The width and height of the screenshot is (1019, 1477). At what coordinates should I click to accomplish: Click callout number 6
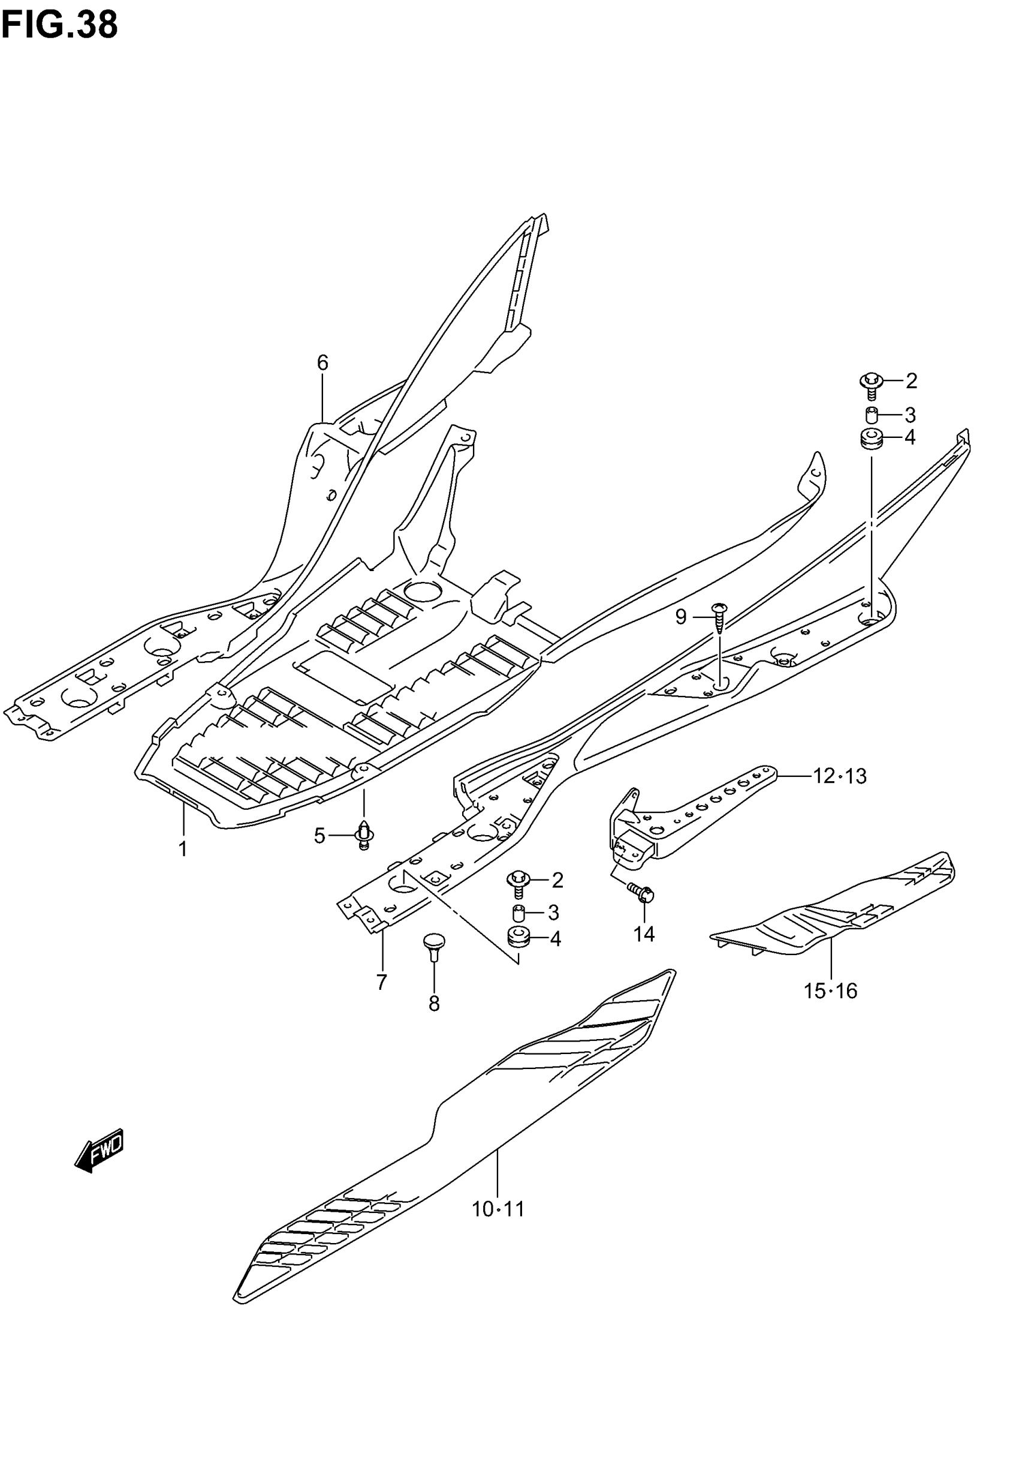coord(322,363)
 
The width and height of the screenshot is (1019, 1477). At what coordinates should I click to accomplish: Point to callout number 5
coord(320,836)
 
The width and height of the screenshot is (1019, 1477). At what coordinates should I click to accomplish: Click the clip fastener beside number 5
coord(364,834)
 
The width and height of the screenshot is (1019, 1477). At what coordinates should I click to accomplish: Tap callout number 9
coord(680,617)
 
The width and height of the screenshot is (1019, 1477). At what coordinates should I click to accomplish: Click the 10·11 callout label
coord(498,1209)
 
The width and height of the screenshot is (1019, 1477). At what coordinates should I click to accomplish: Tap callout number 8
coord(434,1004)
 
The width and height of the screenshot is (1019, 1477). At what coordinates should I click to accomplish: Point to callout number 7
coord(382,982)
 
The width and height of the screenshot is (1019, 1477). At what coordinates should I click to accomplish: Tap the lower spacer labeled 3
coord(519,912)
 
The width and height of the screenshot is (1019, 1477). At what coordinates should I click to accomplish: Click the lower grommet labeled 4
coord(518,938)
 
